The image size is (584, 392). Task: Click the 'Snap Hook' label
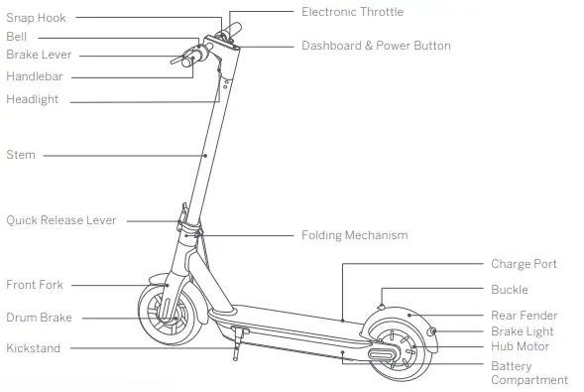[36, 18]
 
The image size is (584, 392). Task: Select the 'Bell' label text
[17, 37]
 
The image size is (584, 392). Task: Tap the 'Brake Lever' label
[39, 56]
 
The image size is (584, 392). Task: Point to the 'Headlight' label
[33, 99]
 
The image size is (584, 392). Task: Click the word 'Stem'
[21, 155]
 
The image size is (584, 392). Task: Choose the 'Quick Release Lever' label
[61, 220]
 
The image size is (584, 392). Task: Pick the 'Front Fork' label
[35, 285]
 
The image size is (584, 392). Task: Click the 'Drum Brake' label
[39, 318]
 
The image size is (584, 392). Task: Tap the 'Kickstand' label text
[34, 348]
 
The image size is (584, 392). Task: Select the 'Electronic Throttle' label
[352, 12]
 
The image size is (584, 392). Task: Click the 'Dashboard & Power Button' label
[376, 46]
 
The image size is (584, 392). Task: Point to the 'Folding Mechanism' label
[354, 235]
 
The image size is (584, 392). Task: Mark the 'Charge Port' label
[524, 264]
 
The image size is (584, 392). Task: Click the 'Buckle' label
[510, 290]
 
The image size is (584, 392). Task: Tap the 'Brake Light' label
[523, 331]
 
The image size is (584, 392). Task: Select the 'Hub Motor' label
[520, 346]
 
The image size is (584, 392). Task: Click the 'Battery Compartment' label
[529, 373]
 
